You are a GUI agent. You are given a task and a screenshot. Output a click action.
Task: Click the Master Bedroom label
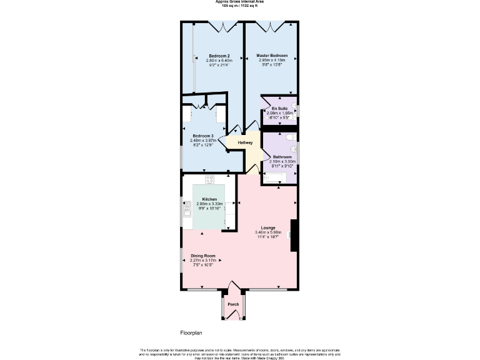(272, 56)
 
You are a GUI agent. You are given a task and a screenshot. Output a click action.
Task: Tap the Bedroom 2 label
(219, 56)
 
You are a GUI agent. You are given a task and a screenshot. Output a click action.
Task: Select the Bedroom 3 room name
(202, 136)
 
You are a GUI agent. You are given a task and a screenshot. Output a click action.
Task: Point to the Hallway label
(245, 142)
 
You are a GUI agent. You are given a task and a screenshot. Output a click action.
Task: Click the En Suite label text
(279, 108)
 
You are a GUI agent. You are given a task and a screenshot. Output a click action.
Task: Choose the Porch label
(233, 304)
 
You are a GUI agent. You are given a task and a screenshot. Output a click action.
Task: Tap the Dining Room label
(203, 256)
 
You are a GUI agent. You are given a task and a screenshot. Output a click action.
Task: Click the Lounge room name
(268, 227)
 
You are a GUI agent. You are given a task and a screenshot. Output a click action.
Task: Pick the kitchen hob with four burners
(209, 179)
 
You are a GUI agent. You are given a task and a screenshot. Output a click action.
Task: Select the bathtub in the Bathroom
(277, 178)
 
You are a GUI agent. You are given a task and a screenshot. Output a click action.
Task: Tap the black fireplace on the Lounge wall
(294, 235)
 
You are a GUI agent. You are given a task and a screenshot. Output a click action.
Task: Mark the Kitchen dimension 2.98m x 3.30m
(209, 204)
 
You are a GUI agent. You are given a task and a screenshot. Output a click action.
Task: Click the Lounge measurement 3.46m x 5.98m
(268, 232)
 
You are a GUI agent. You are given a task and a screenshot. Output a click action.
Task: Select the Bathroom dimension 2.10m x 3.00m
(282, 161)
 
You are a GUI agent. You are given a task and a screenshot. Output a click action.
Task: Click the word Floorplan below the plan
(192, 333)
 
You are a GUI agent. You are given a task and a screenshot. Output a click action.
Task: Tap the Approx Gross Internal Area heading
(239, 2)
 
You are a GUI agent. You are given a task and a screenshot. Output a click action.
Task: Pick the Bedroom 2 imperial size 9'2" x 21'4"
(219, 64)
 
